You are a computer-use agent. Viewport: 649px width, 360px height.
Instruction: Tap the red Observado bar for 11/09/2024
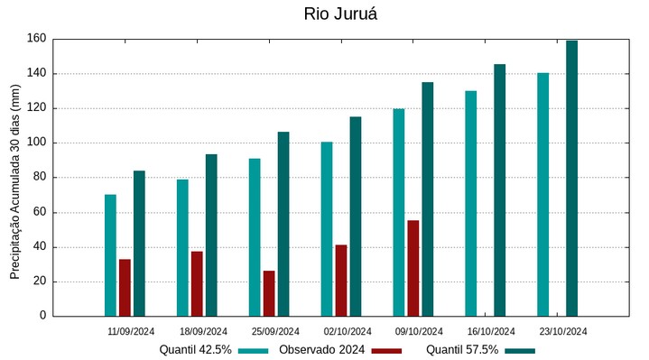point(125,287)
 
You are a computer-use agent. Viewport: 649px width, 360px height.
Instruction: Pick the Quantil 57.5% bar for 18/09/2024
point(211,235)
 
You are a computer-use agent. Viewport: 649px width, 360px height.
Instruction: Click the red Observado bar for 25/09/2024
point(269,293)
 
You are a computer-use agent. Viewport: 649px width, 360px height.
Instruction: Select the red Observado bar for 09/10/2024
point(413,268)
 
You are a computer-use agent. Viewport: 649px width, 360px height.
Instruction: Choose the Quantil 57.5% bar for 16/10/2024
point(499,189)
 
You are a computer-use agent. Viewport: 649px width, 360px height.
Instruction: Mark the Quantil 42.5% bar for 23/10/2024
point(542,194)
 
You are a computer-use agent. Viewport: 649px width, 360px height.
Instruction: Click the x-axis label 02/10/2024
point(347,331)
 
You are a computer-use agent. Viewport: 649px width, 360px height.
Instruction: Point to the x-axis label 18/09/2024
point(203,331)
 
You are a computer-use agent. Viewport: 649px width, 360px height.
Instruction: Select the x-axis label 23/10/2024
point(563,331)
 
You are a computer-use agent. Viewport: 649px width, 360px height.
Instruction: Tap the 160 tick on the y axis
point(36,39)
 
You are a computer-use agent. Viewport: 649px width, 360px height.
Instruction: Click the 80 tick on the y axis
point(39,178)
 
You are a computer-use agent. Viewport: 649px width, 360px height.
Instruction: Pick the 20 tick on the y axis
point(39,282)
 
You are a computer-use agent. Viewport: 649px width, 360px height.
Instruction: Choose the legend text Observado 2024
point(321,350)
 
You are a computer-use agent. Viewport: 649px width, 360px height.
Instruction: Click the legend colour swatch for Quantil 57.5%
point(520,350)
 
